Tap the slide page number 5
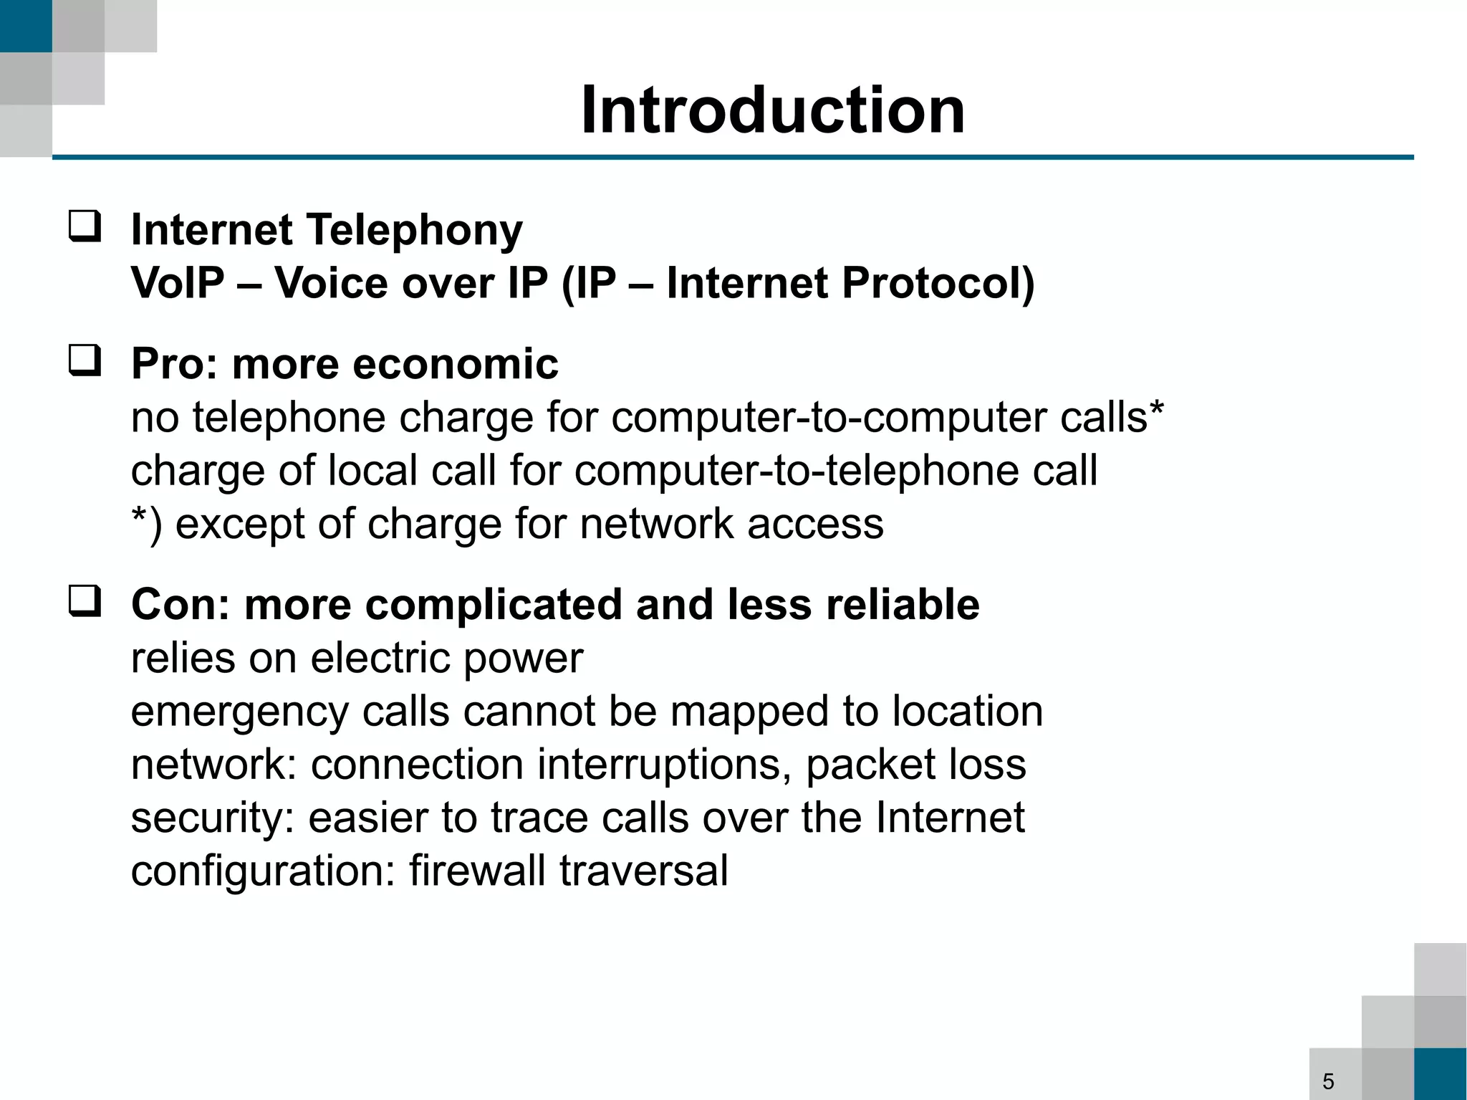pyautogui.click(x=1328, y=1081)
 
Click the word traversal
pyautogui.click(x=644, y=871)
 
